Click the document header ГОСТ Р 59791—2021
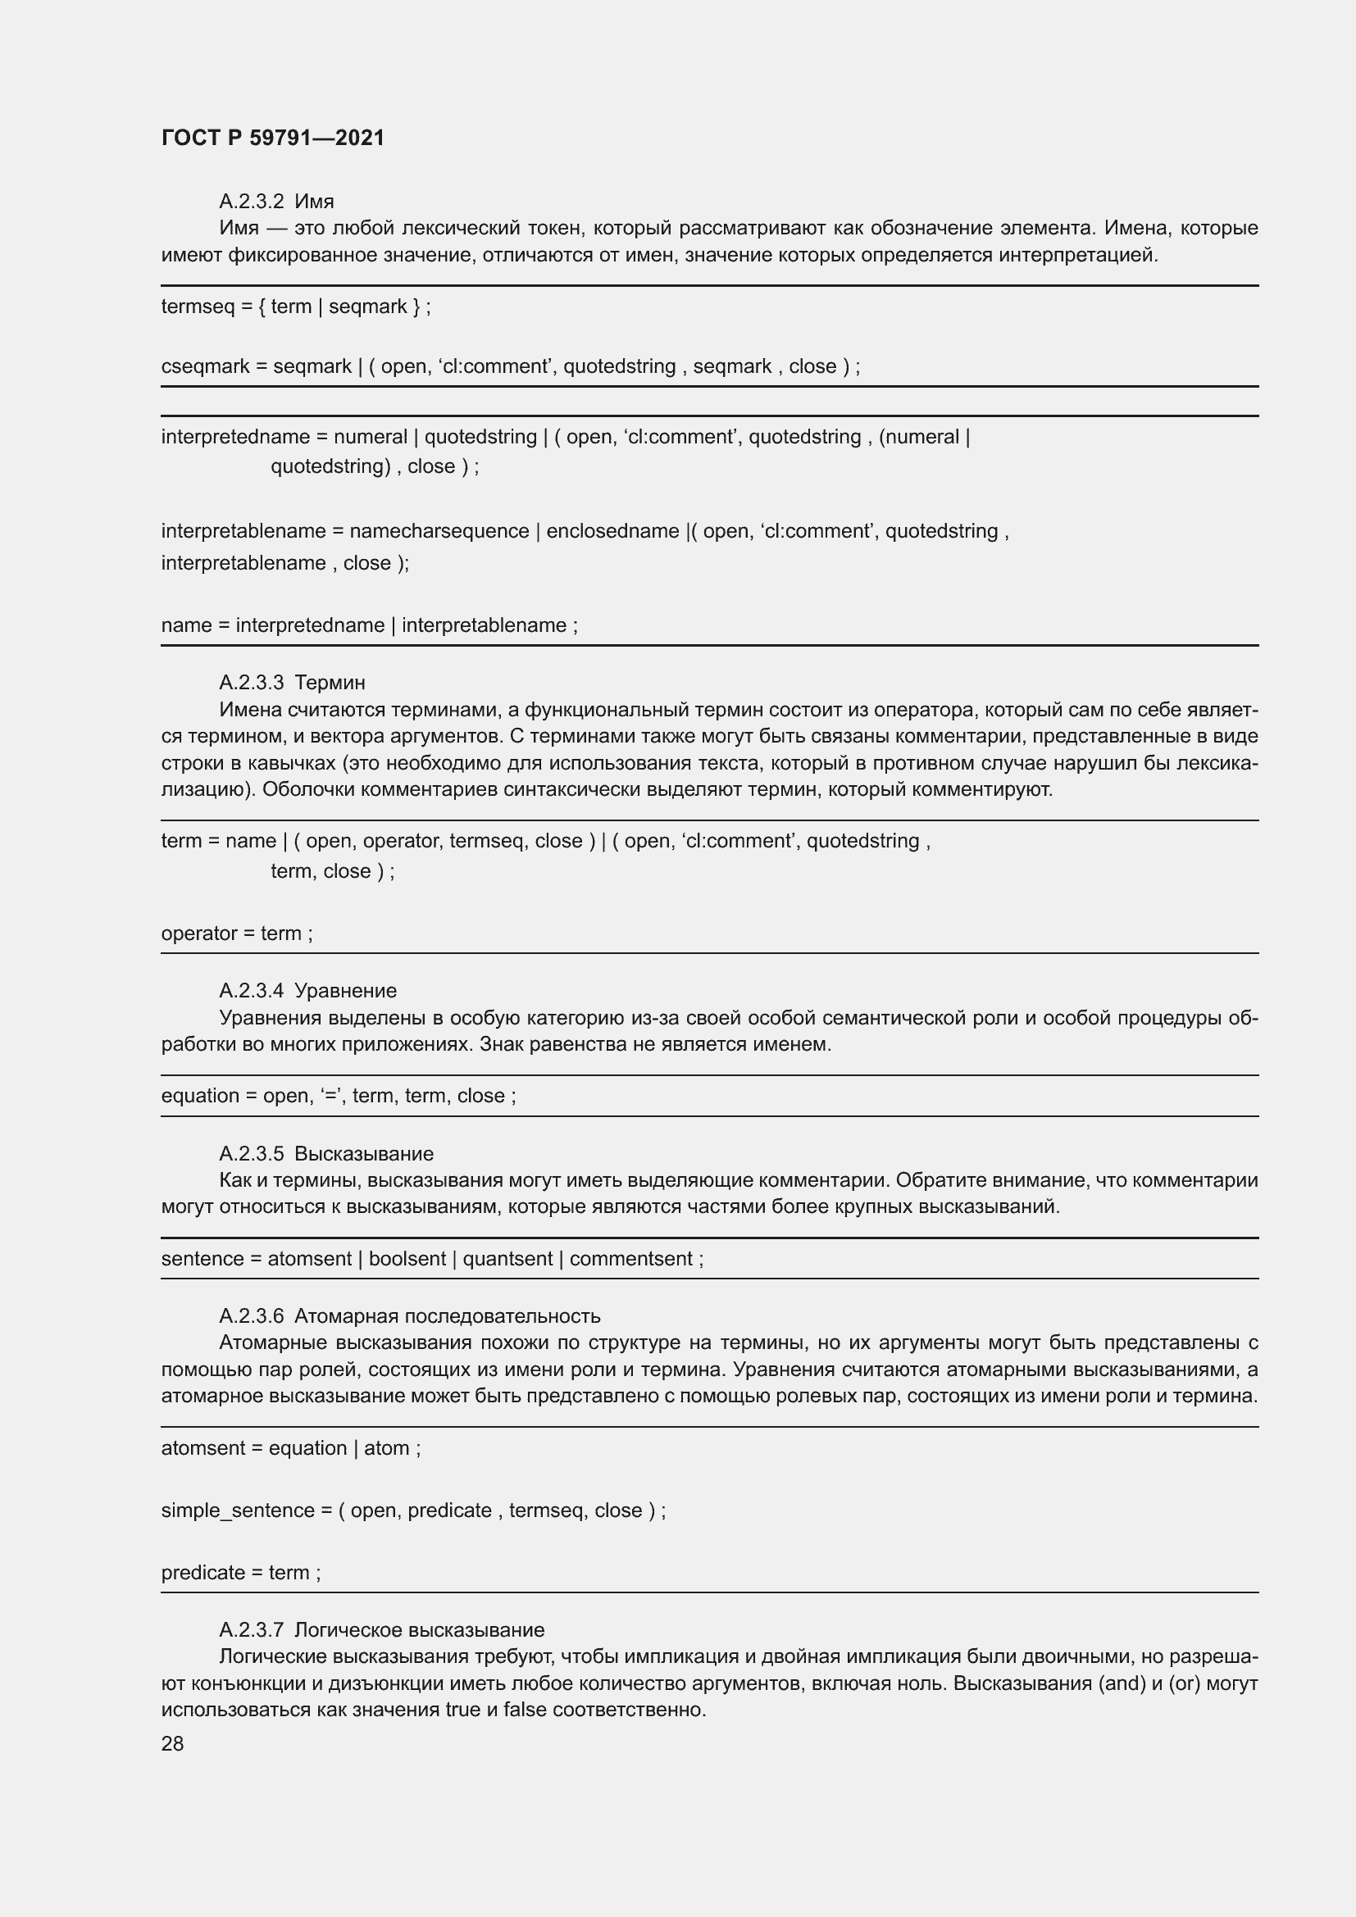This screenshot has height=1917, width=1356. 273,138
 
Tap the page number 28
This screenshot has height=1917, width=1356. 172,1743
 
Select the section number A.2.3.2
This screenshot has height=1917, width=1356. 252,202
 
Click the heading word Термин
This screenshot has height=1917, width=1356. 330,683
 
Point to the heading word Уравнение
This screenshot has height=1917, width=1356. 346,990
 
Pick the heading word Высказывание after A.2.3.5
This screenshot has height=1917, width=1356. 364,1153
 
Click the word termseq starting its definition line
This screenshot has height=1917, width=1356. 198,307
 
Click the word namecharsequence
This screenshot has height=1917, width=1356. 439,531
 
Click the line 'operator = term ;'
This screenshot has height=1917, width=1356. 237,934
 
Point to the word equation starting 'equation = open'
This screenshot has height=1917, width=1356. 199,1096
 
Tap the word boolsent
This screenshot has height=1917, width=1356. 407,1258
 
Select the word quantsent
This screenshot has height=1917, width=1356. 507,1258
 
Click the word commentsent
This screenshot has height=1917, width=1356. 631,1258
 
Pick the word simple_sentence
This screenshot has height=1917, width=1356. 238,1510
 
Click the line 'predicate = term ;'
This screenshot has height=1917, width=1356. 240,1572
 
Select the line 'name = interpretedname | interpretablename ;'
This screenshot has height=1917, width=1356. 369,625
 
